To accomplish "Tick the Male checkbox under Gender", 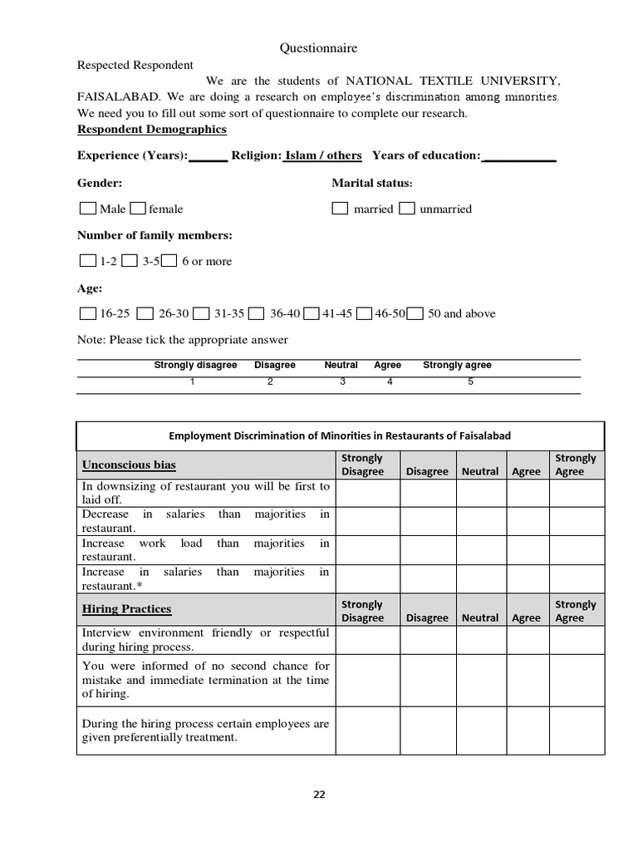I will (x=87, y=209).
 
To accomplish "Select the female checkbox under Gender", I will (x=139, y=209).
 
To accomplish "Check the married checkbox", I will (x=340, y=209).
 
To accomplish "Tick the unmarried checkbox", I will (x=406, y=209).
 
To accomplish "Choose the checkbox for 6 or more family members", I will (x=169, y=261).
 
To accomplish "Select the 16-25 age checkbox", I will (x=87, y=313).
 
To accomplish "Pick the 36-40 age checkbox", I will (x=257, y=313).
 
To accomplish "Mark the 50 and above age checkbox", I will (x=415, y=313).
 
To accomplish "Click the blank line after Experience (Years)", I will (x=208, y=155).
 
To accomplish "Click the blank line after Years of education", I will (x=518, y=155).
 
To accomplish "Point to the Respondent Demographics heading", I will (x=151, y=130).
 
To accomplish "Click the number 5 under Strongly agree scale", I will (x=470, y=381).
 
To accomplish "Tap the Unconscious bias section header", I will (x=129, y=465).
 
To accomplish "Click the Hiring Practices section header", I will (x=126, y=609).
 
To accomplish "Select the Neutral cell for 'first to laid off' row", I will (x=480, y=493).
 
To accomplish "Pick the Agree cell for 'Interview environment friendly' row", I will (x=526, y=640).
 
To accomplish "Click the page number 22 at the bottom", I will (x=319, y=794).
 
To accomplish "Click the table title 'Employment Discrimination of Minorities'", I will (x=340, y=435).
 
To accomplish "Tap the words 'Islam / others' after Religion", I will (x=323, y=155).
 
